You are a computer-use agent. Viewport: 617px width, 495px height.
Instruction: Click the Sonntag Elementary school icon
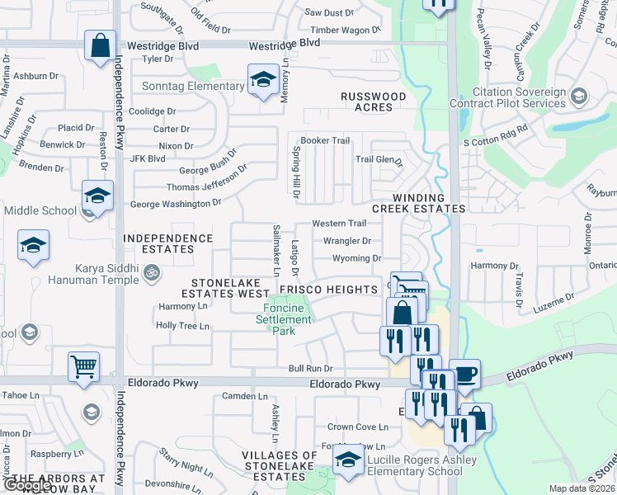pyautogui.click(x=263, y=79)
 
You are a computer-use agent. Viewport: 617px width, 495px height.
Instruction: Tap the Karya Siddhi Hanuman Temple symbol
pyautogui.click(x=151, y=271)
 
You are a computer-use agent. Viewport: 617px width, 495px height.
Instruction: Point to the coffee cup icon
pyautogui.click(x=464, y=374)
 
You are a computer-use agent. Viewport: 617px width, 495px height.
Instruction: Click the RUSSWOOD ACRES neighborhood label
pyautogui.click(x=374, y=102)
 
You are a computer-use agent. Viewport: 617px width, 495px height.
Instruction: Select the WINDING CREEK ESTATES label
pyautogui.click(x=418, y=204)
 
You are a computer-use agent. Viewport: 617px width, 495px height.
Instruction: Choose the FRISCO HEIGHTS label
pyautogui.click(x=328, y=290)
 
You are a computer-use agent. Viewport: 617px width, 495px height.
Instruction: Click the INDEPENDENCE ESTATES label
pyautogui.click(x=168, y=244)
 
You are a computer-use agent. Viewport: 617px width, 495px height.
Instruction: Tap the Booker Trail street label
pyautogui.click(x=326, y=141)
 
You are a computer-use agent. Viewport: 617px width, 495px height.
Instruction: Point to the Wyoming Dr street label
pyautogui.click(x=356, y=258)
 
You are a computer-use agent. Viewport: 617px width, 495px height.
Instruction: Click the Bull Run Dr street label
pyautogui.click(x=310, y=369)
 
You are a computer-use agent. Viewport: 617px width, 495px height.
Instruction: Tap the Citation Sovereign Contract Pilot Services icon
pyautogui.click(x=577, y=97)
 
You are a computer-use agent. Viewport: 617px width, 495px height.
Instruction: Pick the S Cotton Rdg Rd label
pyautogui.click(x=496, y=143)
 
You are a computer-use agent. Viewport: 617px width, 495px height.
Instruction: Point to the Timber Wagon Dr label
pyautogui.click(x=346, y=30)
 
